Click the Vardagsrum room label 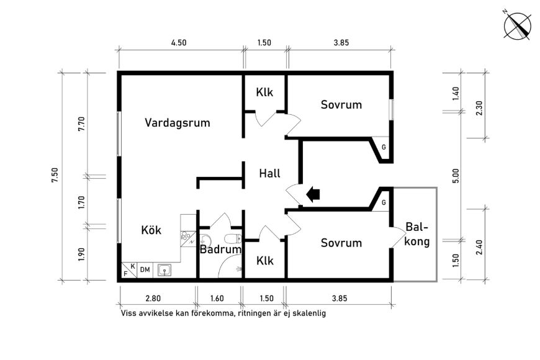[x=177, y=123]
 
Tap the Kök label [x=151, y=230]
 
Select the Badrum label [x=221, y=249]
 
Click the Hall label [x=269, y=173]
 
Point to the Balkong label [x=417, y=234]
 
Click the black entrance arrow [x=313, y=195]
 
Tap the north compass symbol [x=517, y=26]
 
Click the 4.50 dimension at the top [x=179, y=43]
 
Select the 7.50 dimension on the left [x=55, y=175]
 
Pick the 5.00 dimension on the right [x=456, y=176]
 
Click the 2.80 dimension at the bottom [x=153, y=299]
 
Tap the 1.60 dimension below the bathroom [x=217, y=299]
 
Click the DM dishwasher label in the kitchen [x=145, y=270]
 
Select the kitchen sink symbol [x=164, y=270]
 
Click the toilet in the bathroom [x=233, y=238]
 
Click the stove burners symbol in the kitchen [x=185, y=236]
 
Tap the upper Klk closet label [x=264, y=92]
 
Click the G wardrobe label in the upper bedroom [x=384, y=148]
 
